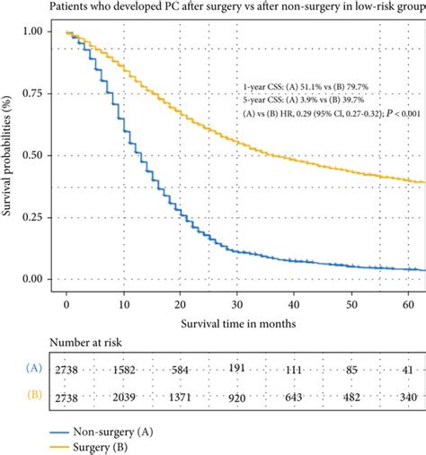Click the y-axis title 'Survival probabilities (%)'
8,156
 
